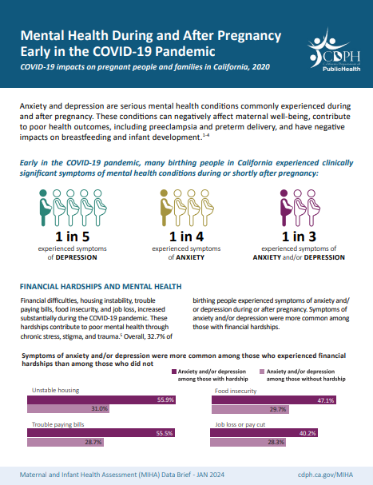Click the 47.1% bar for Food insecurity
pyautogui.click(x=276, y=399)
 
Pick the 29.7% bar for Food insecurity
pyautogui.click(x=252, y=408)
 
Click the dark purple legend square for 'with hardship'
pyautogui.click(x=174, y=372)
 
